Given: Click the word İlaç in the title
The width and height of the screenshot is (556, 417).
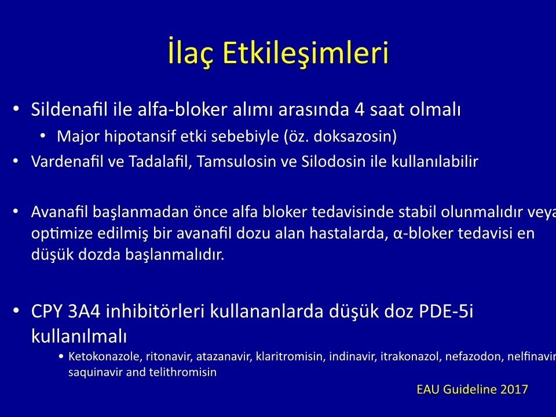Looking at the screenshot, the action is coord(191,53).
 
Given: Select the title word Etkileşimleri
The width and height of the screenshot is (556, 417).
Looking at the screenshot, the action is coord(306,53).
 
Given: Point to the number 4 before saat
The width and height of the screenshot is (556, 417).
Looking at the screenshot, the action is coord(360,109).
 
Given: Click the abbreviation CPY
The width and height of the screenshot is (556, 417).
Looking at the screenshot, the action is coord(46,311).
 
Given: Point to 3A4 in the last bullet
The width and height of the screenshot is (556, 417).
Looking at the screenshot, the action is coord(83,311).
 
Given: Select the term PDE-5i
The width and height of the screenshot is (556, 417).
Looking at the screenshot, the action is coord(446,311).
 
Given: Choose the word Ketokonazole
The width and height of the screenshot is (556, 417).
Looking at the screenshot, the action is coord(105,356).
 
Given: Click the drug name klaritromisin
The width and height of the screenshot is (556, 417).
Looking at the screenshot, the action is coord(290,356).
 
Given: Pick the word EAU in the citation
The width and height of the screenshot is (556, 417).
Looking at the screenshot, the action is coord(428,389).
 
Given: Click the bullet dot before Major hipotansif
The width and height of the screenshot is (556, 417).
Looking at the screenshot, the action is coord(43,136).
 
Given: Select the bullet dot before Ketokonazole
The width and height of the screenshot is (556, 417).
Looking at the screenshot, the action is coord(61,356).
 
